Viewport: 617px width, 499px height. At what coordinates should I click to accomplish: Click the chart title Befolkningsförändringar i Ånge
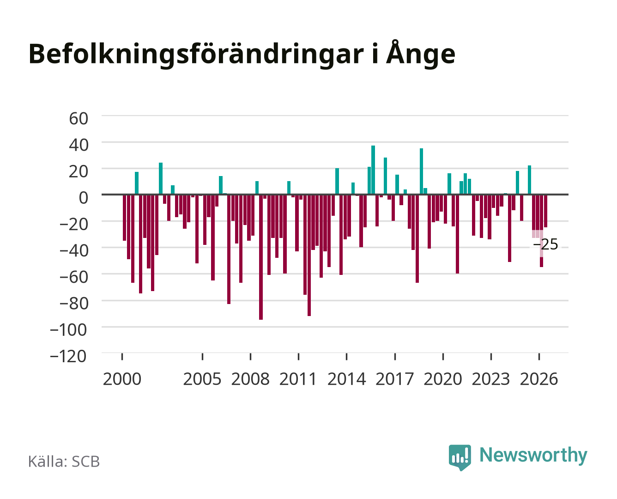coord(242,54)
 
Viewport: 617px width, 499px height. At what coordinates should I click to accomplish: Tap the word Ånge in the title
coord(421,54)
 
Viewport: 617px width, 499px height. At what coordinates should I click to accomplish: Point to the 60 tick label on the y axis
coord(79,119)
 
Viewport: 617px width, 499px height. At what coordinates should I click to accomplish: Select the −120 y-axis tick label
coord(68,356)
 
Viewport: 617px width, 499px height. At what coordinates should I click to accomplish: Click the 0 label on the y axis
coord(84,198)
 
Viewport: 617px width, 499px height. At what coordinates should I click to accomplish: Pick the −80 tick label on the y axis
coord(73,304)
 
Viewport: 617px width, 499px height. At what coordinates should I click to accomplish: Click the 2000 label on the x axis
coord(122,379)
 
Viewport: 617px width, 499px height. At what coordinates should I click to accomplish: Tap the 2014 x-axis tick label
coord(346,379)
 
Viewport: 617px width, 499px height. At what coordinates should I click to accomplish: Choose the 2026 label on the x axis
coord(539,379)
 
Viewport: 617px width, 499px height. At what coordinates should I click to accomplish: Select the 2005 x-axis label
coord(202,379)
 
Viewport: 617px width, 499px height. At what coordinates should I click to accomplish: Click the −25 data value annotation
coord(545,244)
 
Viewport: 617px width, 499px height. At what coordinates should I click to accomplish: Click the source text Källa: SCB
coord(64,461)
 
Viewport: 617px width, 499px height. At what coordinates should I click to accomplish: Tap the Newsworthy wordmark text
coord(533,456)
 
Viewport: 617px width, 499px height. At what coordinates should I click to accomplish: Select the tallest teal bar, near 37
coord(373,170)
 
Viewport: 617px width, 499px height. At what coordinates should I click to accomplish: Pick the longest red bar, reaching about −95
coord(261,257)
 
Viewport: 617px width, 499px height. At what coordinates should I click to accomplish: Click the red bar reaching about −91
coord(309,255)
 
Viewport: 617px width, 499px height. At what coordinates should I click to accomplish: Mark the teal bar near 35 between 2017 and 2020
coord(422,171)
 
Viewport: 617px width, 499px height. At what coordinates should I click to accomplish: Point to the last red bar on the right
coord(545,211)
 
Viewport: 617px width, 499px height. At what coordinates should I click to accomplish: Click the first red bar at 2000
coord(125,218)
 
